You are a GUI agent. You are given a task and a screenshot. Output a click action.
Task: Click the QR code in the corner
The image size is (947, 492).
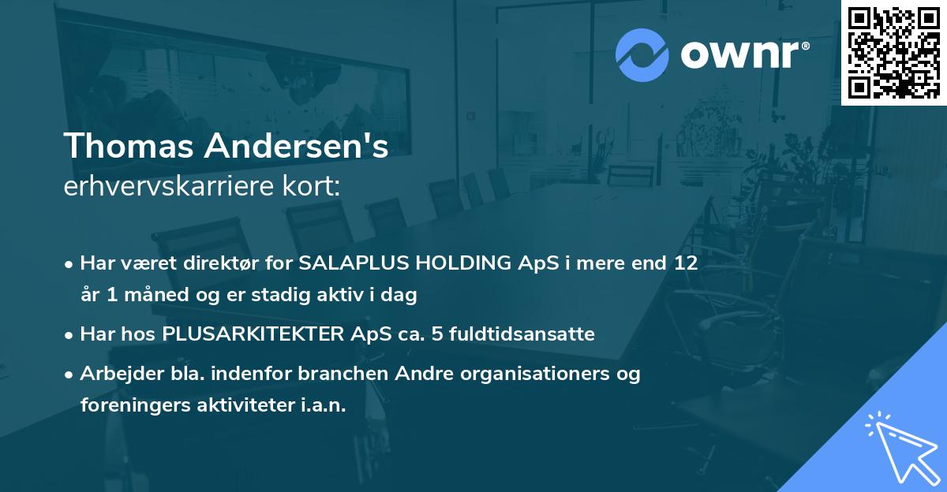tap(894, 52)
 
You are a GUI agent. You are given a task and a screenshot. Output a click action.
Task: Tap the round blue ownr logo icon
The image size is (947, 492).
tap(642, 55)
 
